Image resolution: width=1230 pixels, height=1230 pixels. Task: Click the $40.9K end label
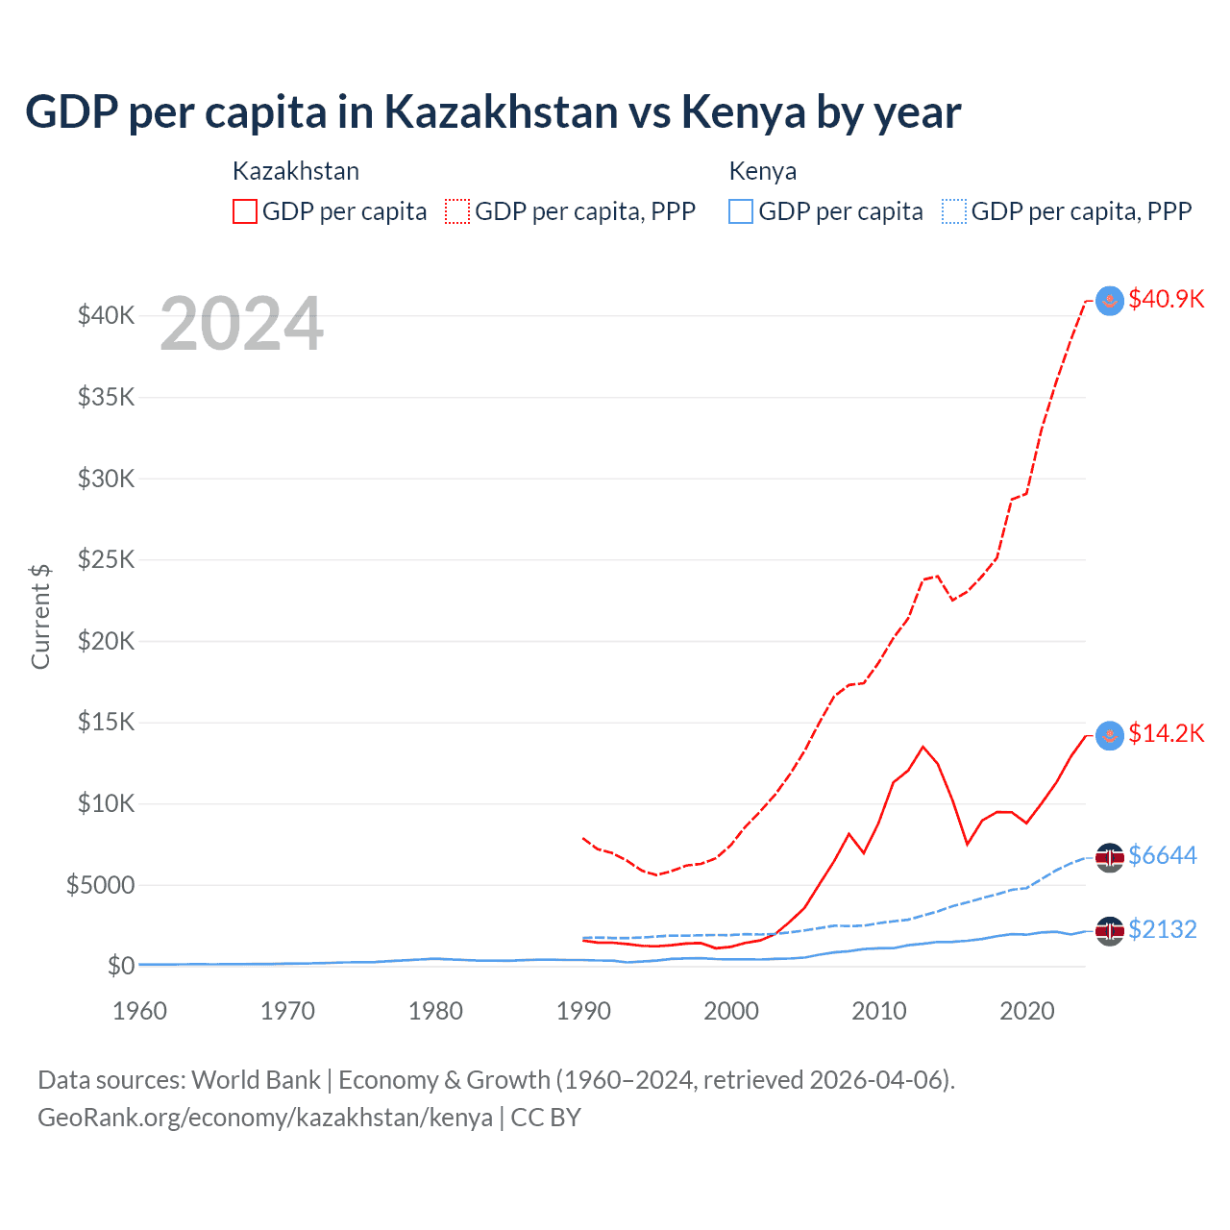[1166, 299]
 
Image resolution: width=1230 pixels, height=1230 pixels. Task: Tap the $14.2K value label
[1166, 734]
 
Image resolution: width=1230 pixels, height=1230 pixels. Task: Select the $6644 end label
[1162, 855]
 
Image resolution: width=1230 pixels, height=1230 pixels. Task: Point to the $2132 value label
[1162, 929]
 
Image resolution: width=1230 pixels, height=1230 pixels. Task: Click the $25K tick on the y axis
[106, 559]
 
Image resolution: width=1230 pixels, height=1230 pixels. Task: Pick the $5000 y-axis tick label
[100, 885]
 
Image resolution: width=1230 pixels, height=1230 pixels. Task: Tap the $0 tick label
[120, 966]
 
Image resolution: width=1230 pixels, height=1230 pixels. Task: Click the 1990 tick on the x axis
[583, 1011]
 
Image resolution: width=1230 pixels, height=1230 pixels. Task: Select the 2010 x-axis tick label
[879, 1011]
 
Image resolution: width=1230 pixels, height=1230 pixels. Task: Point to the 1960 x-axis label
[140, 1011]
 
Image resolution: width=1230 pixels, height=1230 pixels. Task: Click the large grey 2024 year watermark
[241, 324]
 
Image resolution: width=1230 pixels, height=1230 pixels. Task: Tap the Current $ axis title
[40, 617]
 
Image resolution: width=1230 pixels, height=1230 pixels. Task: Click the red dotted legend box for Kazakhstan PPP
[458, 211]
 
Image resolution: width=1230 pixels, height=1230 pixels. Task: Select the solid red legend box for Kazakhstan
[245, 211]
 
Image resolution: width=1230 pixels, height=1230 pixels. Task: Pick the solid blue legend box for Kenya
[741, 211]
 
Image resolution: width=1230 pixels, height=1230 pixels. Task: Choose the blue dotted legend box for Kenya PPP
[954, 211]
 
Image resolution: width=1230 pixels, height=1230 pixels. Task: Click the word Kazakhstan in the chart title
[501, 111]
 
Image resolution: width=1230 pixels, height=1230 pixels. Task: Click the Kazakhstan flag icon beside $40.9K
[1110, 301]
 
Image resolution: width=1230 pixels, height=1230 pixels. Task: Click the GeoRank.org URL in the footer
[264, 1118]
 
